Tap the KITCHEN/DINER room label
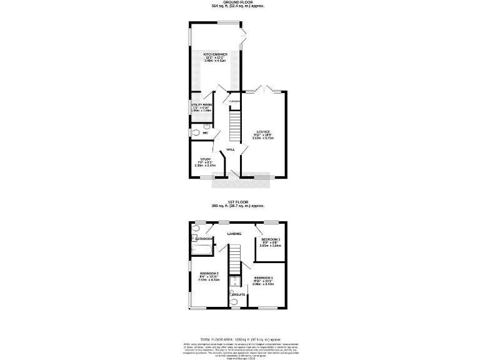[x=215, y=54]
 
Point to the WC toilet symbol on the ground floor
[x=196, y=132]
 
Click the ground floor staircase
[x=234, y=126]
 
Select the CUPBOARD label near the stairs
[x=234, y=101]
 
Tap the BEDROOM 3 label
[x=271, y=239]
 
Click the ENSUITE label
[x=238, y=292]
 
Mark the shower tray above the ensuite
[x=235, y=282]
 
